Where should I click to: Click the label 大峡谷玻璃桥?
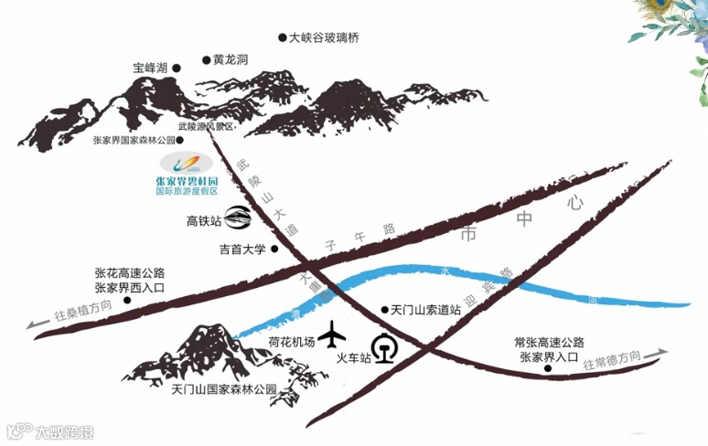click(324, 38)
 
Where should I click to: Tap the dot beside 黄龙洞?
click(207, 60)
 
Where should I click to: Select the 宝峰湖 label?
click(150, 68)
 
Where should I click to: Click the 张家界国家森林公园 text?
click(134, 141)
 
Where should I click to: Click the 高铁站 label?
click(204, 220)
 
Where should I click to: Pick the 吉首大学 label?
click(241, 249)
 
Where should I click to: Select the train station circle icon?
click(387, 348)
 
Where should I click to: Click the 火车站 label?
click(354, 358)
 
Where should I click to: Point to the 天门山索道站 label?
click(424, 311)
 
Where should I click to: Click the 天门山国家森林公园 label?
click(223, 389)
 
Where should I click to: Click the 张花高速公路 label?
click(129, 272)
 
